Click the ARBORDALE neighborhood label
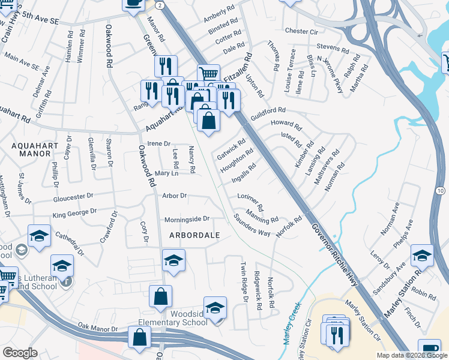194,234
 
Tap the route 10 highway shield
441,190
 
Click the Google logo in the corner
20,353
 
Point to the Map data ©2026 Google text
411,355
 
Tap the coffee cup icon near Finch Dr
429,349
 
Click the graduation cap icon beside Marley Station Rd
422,256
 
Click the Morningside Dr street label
187,219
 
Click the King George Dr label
74,212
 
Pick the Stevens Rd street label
333,47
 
